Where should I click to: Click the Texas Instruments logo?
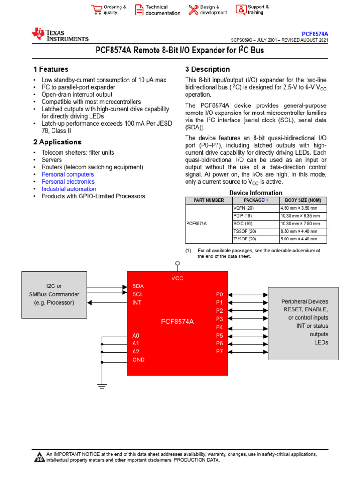pos(60,35)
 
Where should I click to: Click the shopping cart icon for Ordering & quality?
pos(97,10)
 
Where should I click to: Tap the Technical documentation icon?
pos(139,10)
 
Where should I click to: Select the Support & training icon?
pos(240,10)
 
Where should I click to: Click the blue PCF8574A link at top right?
pos(315,34)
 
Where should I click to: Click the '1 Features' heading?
pos(51,69)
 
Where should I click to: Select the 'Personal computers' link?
pos(67,174)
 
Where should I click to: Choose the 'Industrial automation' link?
pos(68,189)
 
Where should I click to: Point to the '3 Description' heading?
pos(207,69)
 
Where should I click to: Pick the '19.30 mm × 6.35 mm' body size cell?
pos(300,216)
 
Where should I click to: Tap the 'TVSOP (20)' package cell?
pos(245,239)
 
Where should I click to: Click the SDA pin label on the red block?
pos(138,285)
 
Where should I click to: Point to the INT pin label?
pos(137,302)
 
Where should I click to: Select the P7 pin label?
pos(219,352)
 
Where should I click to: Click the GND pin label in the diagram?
pos(138,360)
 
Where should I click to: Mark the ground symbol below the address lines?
pos(102,386)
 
